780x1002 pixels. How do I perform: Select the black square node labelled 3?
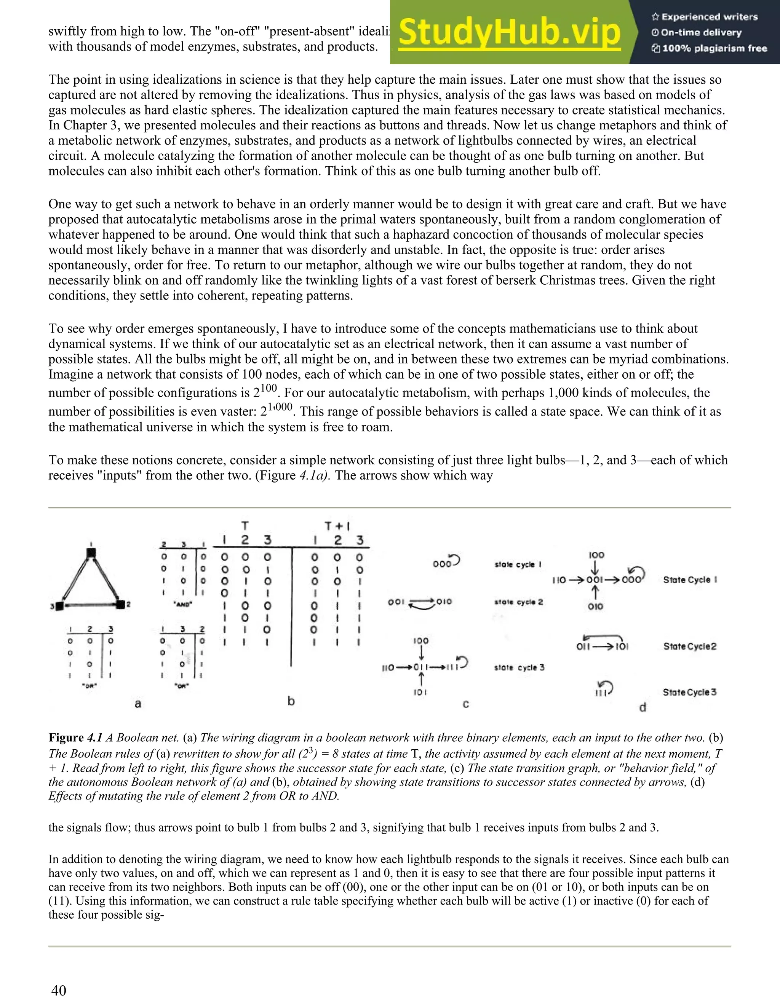(59, 606)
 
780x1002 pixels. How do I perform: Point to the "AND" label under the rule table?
(183, 605)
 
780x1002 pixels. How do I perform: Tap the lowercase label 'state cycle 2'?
(519, 602)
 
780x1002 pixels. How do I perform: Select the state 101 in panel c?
(420, 692)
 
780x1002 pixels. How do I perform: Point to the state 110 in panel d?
(559, 580)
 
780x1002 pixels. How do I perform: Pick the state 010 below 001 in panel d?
(595, 607)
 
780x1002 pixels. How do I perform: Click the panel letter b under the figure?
(291, 701)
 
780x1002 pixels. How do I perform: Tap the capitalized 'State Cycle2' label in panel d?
(690, 647)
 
